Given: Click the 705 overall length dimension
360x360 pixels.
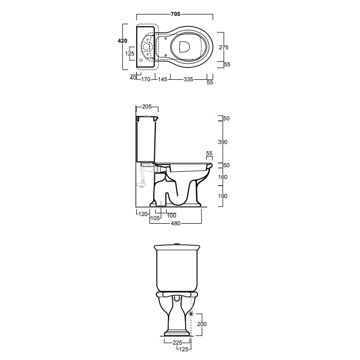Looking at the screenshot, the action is [x=175, y=14].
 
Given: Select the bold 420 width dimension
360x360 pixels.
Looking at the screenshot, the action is [x=122, y=41].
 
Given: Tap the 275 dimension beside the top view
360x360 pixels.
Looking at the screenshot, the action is [x=224, y=47].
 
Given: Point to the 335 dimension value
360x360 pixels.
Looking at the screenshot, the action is [x=188, y=79].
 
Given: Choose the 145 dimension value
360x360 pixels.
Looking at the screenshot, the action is [x=163, y=79].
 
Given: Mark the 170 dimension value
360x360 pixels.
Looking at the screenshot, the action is [x=146, y=79].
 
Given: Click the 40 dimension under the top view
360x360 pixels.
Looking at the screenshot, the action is [x=133, y=78].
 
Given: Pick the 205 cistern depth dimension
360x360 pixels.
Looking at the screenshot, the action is [x=147, y=106].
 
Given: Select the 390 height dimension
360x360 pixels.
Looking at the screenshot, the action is [x=223, y=142].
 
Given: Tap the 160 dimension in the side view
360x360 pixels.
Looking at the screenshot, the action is [x=223, y=177].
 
